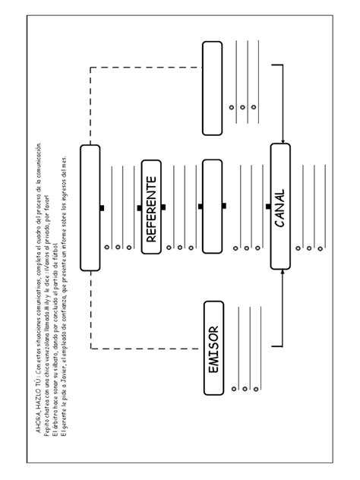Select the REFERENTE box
151,207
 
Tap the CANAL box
280,206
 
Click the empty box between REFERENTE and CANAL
213,206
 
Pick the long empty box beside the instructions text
90,207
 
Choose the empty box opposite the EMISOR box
213,87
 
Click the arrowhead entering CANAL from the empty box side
282,141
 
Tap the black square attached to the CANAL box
270,207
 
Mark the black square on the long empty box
102,207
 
